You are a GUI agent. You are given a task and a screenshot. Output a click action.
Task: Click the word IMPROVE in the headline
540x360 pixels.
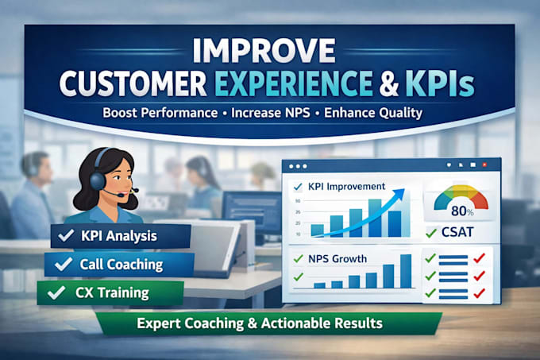click(264, 50)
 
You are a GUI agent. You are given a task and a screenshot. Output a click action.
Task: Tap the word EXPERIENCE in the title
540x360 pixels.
click(295, 83)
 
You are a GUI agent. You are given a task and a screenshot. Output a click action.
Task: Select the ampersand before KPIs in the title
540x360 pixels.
click(389, 83)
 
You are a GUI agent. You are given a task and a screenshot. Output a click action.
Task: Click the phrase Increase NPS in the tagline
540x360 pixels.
click(271, 113)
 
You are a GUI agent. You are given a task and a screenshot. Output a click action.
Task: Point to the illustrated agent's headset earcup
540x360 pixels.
click(98, 180)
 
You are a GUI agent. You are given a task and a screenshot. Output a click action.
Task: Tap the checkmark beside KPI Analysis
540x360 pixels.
click(66, 235)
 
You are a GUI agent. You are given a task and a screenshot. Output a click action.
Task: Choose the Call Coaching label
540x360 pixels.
click(121, 265)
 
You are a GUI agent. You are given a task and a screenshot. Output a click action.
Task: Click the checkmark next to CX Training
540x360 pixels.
click(56, 292)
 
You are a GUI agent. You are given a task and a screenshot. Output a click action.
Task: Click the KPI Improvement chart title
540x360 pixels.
click(346, 187)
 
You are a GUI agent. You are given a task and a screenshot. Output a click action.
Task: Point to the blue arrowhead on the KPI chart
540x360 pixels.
click(399, 193)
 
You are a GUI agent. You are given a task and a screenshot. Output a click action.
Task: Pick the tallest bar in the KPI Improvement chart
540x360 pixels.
click(375, 218)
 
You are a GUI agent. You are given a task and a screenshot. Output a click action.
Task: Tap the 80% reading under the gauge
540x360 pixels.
click(462, 211)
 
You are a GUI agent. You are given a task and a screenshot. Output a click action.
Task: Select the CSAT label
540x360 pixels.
click(457, 232)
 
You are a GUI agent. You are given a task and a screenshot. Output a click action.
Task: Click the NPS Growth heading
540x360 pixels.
click(337, 259)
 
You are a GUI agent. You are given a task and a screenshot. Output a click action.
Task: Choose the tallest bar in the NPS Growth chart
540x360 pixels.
click(406, 271)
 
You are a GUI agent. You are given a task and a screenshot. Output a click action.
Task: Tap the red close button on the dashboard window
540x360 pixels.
click(484, 165)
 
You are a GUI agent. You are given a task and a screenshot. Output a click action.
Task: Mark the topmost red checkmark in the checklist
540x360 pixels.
click(479, 258)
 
